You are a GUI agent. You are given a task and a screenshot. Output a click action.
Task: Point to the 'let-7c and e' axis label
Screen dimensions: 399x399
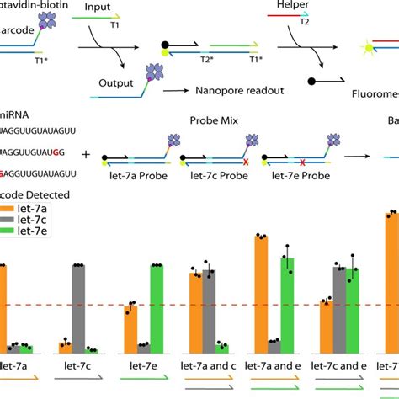[339, 366]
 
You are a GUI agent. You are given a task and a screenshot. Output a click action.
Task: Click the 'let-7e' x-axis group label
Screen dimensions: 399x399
[144, 366]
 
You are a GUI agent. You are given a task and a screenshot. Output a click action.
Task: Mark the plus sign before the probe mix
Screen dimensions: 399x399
[86, 155]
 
